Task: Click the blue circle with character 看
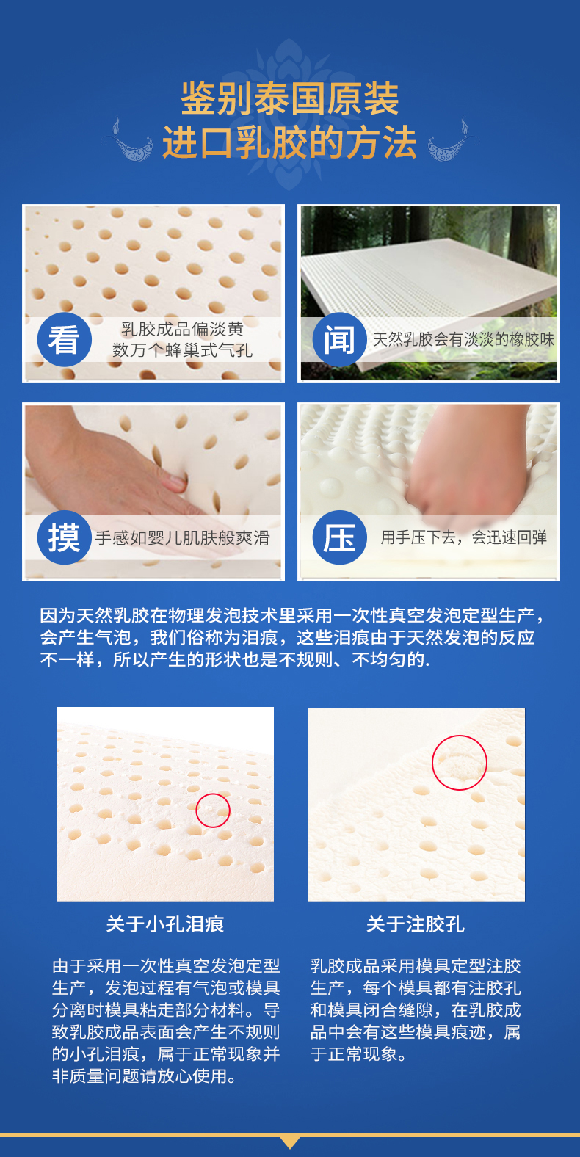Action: coord(65,339)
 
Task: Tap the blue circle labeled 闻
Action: coord(339,339)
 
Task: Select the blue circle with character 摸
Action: coord(65,537)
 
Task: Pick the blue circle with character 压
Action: coord(339,537)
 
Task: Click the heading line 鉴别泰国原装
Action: coord(290,98)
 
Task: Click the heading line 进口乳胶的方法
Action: coord(290,142)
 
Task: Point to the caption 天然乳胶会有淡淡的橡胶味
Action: coord(463,339)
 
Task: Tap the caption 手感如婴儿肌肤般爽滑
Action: coord(182,537)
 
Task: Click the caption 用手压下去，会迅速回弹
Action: coord(463,537)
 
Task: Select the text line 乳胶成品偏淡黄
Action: coord(182,328)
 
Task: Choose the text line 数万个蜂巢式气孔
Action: coord(182,350)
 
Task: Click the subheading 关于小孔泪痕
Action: coord(164,924)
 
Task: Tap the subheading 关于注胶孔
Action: coord(416,924)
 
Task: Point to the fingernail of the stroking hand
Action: coord(177,482)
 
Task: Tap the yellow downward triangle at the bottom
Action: coord(290,1141)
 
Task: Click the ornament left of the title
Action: coord(131,140)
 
